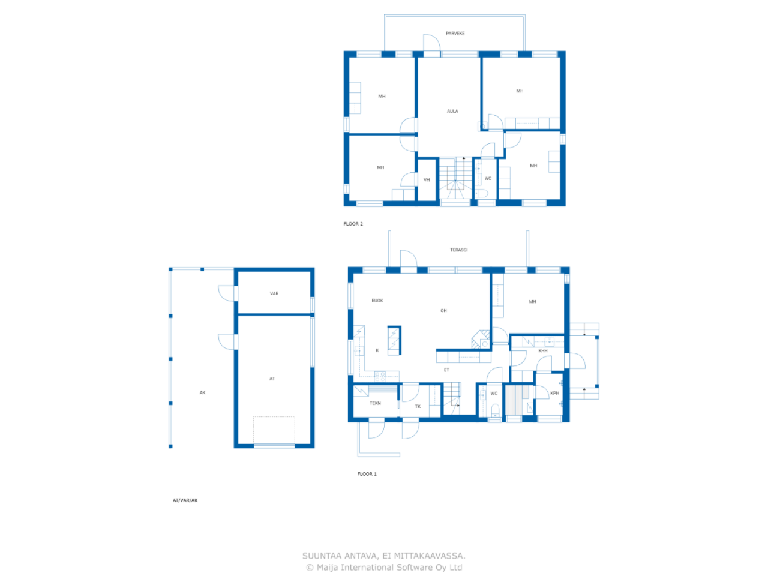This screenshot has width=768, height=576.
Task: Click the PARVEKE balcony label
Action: coord(455,34)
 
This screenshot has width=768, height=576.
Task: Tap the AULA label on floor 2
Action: coord(452,111)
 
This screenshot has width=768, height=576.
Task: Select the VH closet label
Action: coord(427,180)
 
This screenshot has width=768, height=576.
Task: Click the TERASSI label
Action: coord(458,250)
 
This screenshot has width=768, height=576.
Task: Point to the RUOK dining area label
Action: coord(377,301)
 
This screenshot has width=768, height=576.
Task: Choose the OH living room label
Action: coord(443,311)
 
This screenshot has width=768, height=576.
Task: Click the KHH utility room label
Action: coord(542,351)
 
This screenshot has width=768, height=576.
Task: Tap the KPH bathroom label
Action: coord(554,394)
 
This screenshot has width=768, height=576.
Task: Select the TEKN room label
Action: coord(375,403)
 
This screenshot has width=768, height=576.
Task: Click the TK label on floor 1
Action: coord(418,407)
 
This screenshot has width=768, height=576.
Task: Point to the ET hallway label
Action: coord(446,370)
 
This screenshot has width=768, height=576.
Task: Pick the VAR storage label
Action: coord(274,294)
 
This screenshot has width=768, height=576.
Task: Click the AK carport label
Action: coord(202,393)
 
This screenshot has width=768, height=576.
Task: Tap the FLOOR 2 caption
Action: coord(353,224)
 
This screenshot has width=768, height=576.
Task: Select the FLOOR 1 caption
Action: coord(367,474)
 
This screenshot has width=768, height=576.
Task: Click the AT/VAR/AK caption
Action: coord(185,500)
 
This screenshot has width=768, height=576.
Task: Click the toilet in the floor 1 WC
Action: coord(495,411)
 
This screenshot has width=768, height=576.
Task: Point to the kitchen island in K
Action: coord(394,340)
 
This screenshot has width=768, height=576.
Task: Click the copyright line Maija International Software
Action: coord(384,568)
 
